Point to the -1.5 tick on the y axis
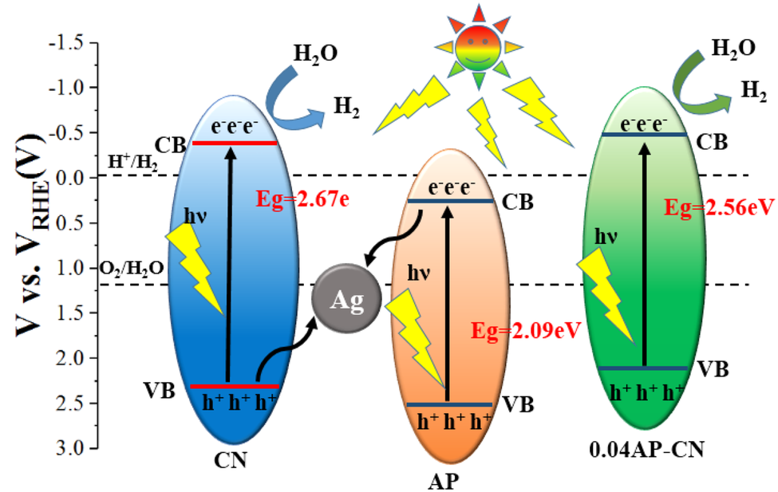point(72,42)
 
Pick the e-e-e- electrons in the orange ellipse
point(443,188)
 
